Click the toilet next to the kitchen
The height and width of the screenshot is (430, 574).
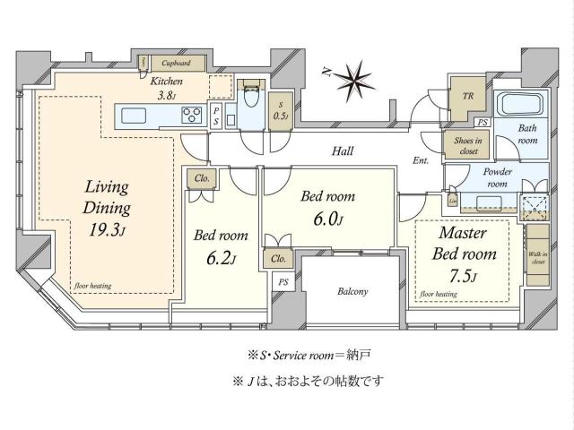point(250,93)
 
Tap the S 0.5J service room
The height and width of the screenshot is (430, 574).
point(280,108)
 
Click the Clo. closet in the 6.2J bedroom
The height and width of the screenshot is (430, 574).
point(203,178)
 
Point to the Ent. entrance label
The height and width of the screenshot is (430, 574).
point(422,162)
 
